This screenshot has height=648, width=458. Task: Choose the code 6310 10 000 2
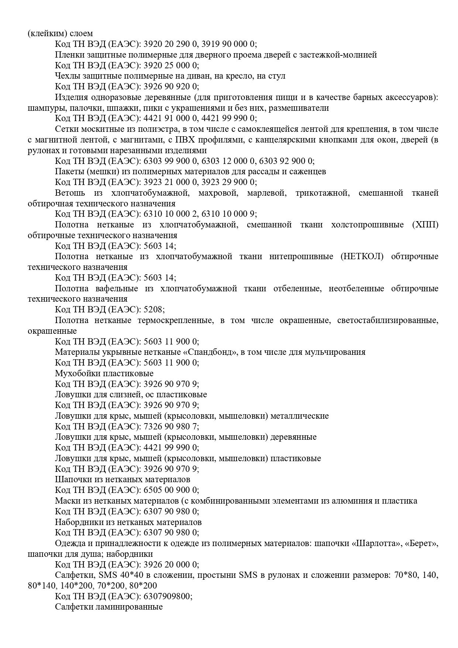(x=168, y=214)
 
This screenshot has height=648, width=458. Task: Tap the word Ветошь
(x=70, y=193)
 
